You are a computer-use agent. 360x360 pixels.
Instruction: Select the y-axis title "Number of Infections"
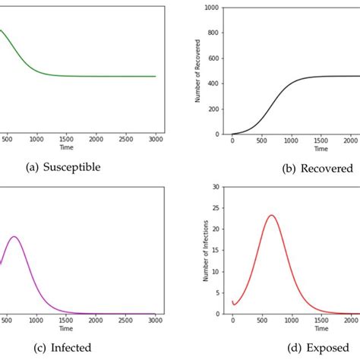tap(205, 251)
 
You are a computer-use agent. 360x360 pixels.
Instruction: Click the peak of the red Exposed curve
tap(271, 215)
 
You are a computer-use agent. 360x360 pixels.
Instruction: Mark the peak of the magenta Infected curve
tap(14, 236)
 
